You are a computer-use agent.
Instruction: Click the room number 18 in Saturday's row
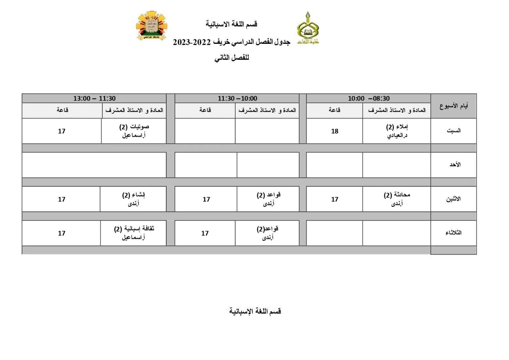pyautogui.click(x=334, y=131)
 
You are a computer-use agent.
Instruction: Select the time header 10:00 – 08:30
pyautogui.click(x=369, y=99)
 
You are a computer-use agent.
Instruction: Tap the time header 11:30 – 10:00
pyautogui.click(x=237, y=99)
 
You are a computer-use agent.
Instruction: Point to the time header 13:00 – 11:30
pyautogui.click(x=94, y=99)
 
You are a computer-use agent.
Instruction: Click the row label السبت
pyautogui.click(x=453, y=131)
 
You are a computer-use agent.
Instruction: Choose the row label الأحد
pyautogui.click(x=455, y=165)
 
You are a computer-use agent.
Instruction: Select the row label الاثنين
pyautogui.click(x=453, y=199)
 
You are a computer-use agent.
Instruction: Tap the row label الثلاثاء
pyautogui.click(x=453, y=233)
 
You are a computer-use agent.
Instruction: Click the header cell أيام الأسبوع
pyautogui.click(x=453, y=106)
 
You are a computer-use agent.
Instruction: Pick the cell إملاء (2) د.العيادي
pyautogui.click(x=397, y=131)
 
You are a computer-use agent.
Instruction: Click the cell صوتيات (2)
pyautogui.click(x=134, y=131)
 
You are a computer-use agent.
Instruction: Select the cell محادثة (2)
pyautogui.click(x=397, y=199)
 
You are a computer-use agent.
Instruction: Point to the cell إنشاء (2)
pyautogui.click(x=133, y=199)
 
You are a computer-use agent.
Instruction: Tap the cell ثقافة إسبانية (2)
pyautogui.click(x=134, y=233)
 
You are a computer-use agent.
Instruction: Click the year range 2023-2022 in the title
pyautogui.click(x=192, y=42)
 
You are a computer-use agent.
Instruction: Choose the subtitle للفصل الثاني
pyautogui.click(x=232, y=58)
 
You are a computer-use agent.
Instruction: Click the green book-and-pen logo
pyautogui.click(x=308, y=28)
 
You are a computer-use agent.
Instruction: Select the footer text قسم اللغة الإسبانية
pyautogui.click(x=255, y=311)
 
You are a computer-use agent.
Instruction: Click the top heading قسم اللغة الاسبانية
pyautogui.click(x=232, y=24)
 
